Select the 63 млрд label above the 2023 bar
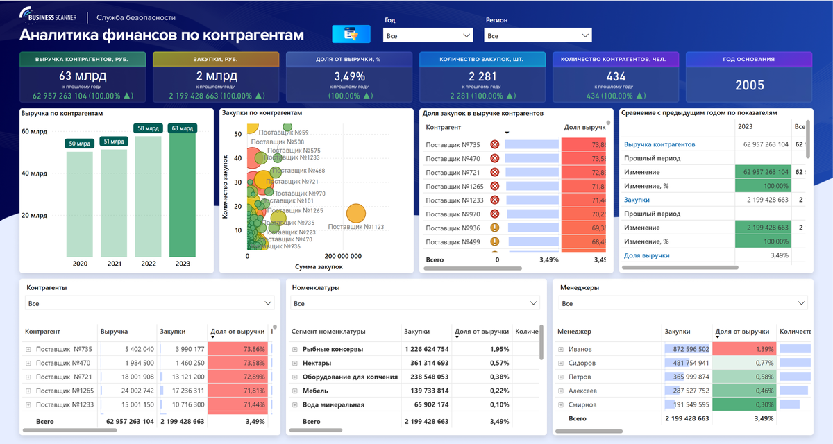pos(183,128)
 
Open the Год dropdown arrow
pos(466,35)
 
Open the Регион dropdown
pos(538,35)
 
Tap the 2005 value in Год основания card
pos(749,85)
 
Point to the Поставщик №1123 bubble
pos(355,213)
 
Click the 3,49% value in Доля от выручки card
pos(349,76)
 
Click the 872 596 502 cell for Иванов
pos(687,349)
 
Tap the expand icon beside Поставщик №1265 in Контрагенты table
pos(28,391)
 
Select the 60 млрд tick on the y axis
pos(35,131)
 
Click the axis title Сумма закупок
pos(319,266)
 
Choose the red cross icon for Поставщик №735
pos(495,145)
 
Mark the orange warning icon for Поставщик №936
pos(495,228)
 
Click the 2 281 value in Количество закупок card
pos(482,76)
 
